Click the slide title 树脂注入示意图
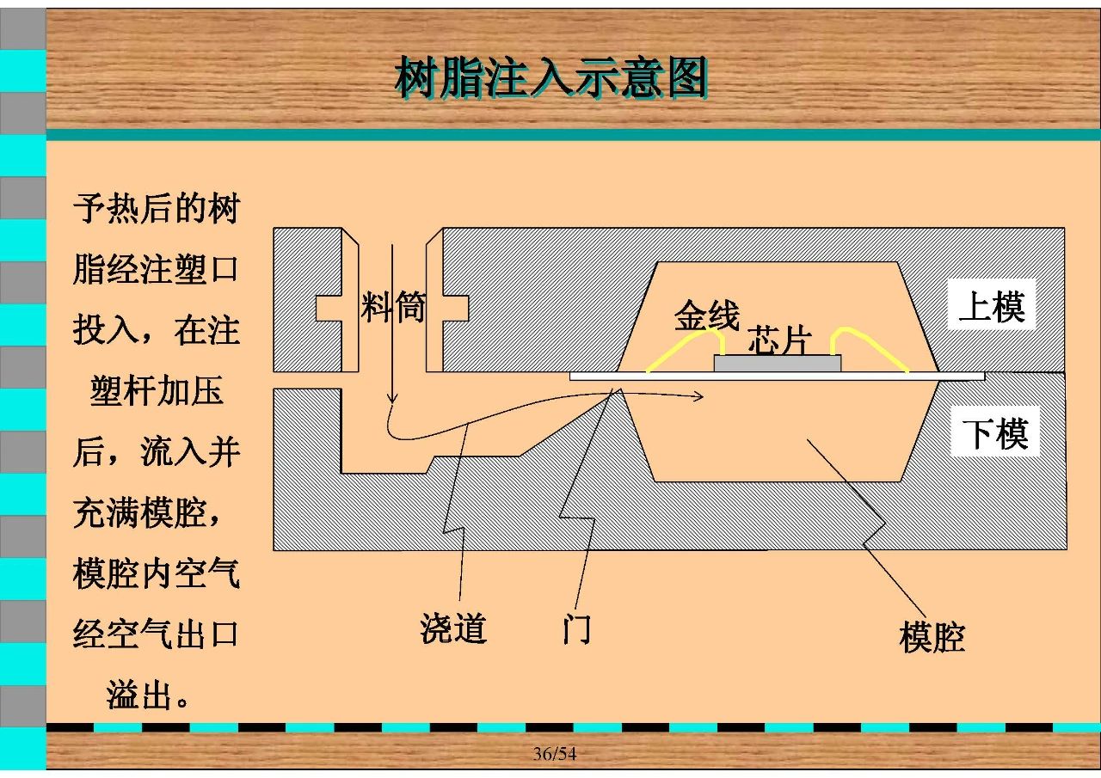(x=551, y=77)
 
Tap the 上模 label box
(x=992, y=304)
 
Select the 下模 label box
(x=995, y=432)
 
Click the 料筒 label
(x=393, y=307)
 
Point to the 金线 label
(x=706, y=315)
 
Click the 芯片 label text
(x=779, y=339)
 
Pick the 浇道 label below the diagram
(x=453, y=628)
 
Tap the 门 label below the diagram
(x=576, y=628)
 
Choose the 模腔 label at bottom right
(x=932, y=637)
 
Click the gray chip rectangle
(x=777, y=364)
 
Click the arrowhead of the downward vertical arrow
(x=391, y=399)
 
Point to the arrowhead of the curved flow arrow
(x=698, y=396)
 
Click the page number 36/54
(x=555, y=753)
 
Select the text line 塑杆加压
(x=157, y=390)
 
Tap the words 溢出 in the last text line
(x=138, y=695)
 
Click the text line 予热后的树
(x=157, y=208)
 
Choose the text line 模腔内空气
(x=157, y=573)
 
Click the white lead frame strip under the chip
(x=777, y=377)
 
